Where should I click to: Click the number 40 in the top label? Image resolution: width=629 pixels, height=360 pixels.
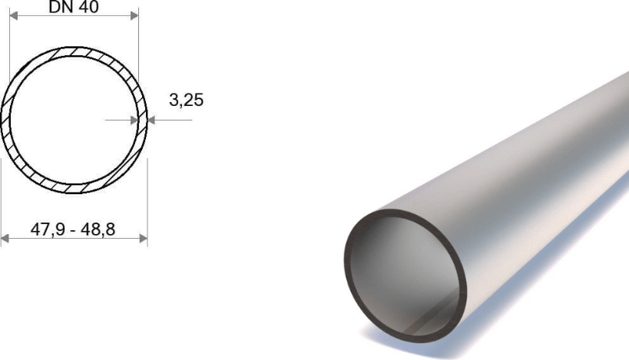89,7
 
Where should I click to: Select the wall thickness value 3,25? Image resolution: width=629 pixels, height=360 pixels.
186,101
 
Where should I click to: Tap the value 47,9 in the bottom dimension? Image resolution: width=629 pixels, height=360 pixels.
48,230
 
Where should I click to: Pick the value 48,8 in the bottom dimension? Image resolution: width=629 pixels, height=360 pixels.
98,230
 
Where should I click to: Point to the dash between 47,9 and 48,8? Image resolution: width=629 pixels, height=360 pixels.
72,230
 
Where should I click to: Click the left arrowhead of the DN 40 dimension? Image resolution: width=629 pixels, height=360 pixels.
14,15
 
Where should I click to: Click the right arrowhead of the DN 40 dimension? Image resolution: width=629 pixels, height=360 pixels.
134,15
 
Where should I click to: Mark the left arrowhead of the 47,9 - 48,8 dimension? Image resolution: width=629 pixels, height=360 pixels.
5,239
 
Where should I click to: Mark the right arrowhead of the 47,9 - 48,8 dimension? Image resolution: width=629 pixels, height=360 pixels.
143,239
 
